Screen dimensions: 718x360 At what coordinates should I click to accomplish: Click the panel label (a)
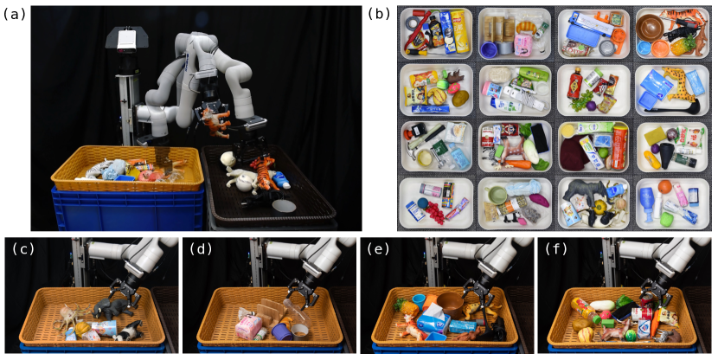click(13, 14)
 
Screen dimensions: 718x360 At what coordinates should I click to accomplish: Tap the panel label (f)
click(556, 248)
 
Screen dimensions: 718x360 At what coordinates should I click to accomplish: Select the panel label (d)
click(200, 248)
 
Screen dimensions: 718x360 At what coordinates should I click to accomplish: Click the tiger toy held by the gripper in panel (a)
click(215, 121)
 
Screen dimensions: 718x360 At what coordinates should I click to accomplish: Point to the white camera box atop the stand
click(126, 38)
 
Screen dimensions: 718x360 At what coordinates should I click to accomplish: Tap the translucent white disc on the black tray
click(284, 205)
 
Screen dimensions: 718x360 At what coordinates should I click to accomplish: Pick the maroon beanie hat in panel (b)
click(574, 155)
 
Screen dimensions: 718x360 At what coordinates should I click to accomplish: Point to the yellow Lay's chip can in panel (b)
click(459, 31)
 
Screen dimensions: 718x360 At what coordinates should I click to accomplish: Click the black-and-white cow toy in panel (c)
click(127, 331)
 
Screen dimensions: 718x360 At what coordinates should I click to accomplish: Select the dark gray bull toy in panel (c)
click(112, 309)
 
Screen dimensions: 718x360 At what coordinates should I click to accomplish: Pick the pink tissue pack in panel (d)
click(248, 326)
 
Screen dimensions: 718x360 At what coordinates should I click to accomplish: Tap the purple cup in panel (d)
click(280, 331)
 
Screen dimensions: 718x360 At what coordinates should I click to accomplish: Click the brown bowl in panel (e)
click(451, 304)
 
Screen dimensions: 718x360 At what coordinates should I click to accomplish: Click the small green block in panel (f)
click(608, 324)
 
